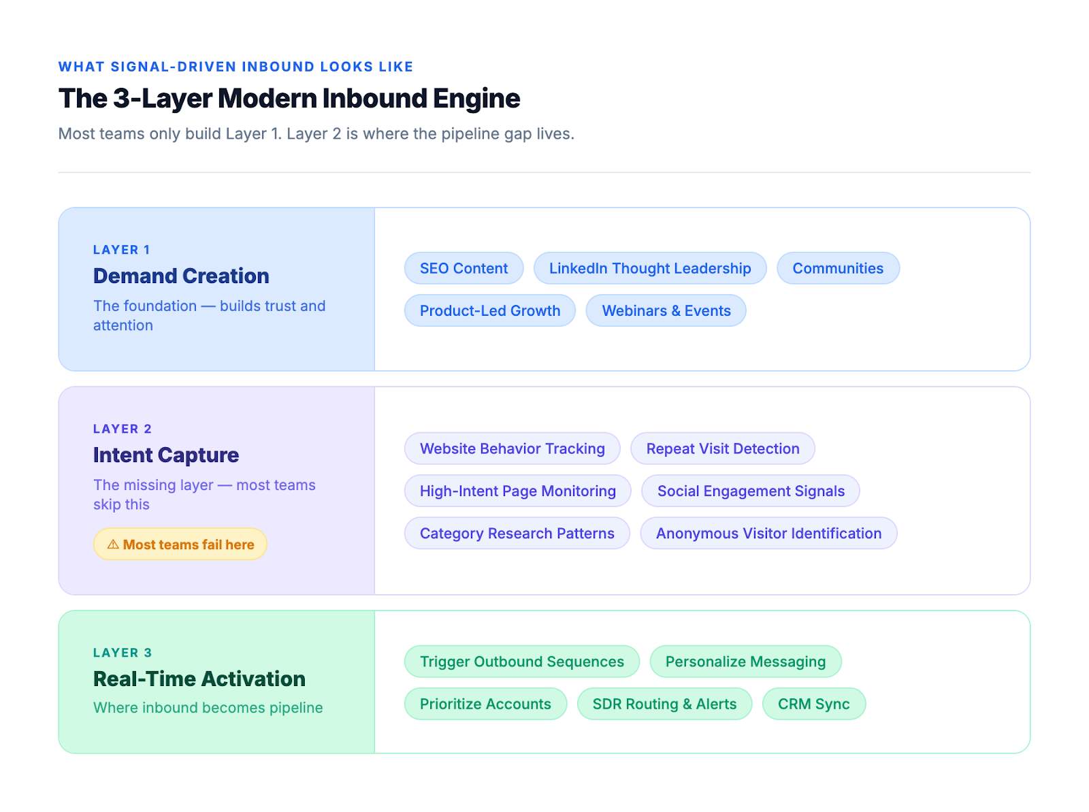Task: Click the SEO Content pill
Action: click(464, 268)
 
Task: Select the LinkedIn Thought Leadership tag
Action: click(650, 268)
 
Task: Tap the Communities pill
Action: click(838, 268)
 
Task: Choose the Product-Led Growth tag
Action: click(490, 310)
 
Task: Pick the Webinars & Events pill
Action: click(666, 310)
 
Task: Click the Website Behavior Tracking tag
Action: click(512, 449)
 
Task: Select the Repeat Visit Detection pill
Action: click(722, 449)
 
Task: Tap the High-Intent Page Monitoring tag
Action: click(517, 491)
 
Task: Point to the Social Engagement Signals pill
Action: click(751, 491)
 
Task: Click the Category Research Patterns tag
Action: click(517, 533)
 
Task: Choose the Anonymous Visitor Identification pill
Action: click(768, 533)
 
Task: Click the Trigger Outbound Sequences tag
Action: click(521, 662)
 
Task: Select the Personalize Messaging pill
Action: click(745, 662)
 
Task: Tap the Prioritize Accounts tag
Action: click(485, 704)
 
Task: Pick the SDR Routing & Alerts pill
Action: click(664, 704)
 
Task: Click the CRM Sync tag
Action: click(813, 704)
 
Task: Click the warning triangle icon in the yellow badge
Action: click(113, 545)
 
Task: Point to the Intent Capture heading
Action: click(166, 455)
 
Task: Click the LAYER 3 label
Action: click(123, 653)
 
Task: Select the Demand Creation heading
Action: click(181, 276)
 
